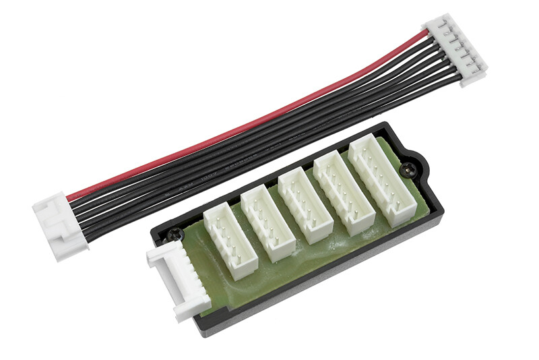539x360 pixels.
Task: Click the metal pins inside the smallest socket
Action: click(x=226, y=239)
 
